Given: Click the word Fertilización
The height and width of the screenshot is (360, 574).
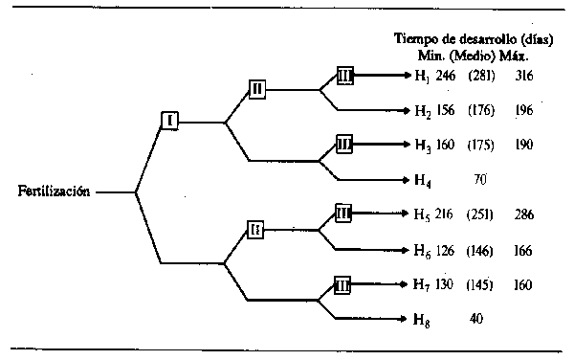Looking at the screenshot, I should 54,191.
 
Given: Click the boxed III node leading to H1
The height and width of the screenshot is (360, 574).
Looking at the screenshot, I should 346,75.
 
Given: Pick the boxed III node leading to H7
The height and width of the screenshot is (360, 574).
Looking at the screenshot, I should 344,284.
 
